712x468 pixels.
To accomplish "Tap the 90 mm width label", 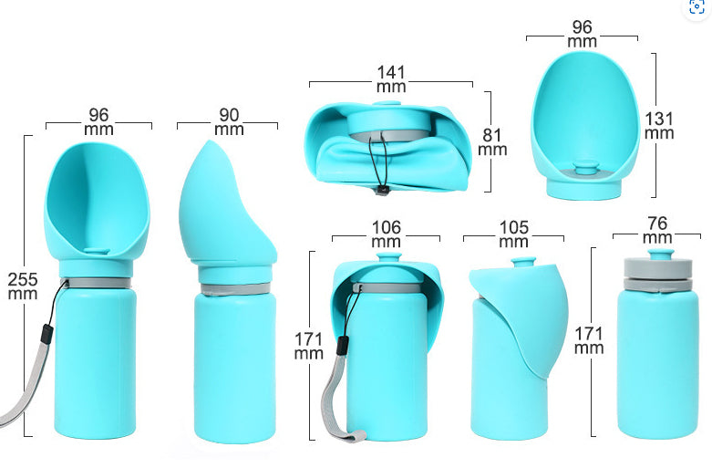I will point(228,122).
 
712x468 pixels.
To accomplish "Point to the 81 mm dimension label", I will point(491,141).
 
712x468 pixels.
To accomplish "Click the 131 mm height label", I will point(658,125).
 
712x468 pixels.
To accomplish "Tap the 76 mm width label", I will point(656,230).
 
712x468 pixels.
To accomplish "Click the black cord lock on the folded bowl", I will point(382,190).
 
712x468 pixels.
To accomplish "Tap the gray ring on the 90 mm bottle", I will point(235,289).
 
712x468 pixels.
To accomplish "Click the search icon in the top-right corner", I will point(697,8).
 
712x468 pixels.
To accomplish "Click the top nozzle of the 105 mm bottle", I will point(521,263).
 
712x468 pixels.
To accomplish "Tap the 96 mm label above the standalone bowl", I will point(583,34).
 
